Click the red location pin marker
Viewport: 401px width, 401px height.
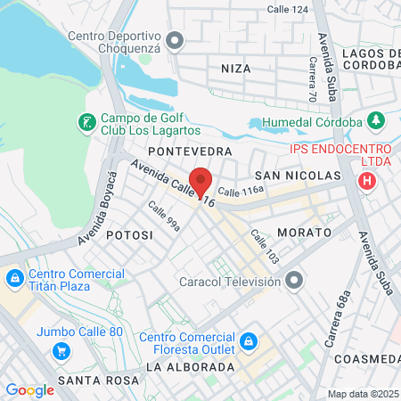pyautogui.click(x=201, y=181)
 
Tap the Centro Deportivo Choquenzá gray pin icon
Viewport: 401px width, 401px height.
pyautogui.click(x=176, y=41)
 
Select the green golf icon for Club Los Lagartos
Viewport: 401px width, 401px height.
pyautogui.click(x=86, y=122)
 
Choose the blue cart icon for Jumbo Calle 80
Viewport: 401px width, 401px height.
pyautogui.click(x=61, y=349)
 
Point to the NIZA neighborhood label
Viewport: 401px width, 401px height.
pyautogui.click(x=236, y=67)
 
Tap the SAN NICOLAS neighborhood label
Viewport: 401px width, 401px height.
pyautogui.click(x=298, y=176)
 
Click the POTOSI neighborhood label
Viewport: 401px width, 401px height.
pyautogui.click(x=129, y=234)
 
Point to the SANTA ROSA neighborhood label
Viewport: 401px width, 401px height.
pyautogui.click(x=98, y=381)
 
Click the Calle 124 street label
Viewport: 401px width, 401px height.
pyautogui.click(x=288, y=9)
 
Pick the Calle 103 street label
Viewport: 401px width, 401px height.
pyautogui.click(x=265, y=247)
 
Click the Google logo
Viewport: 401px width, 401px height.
pyautogui.click(x=29, y=390)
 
